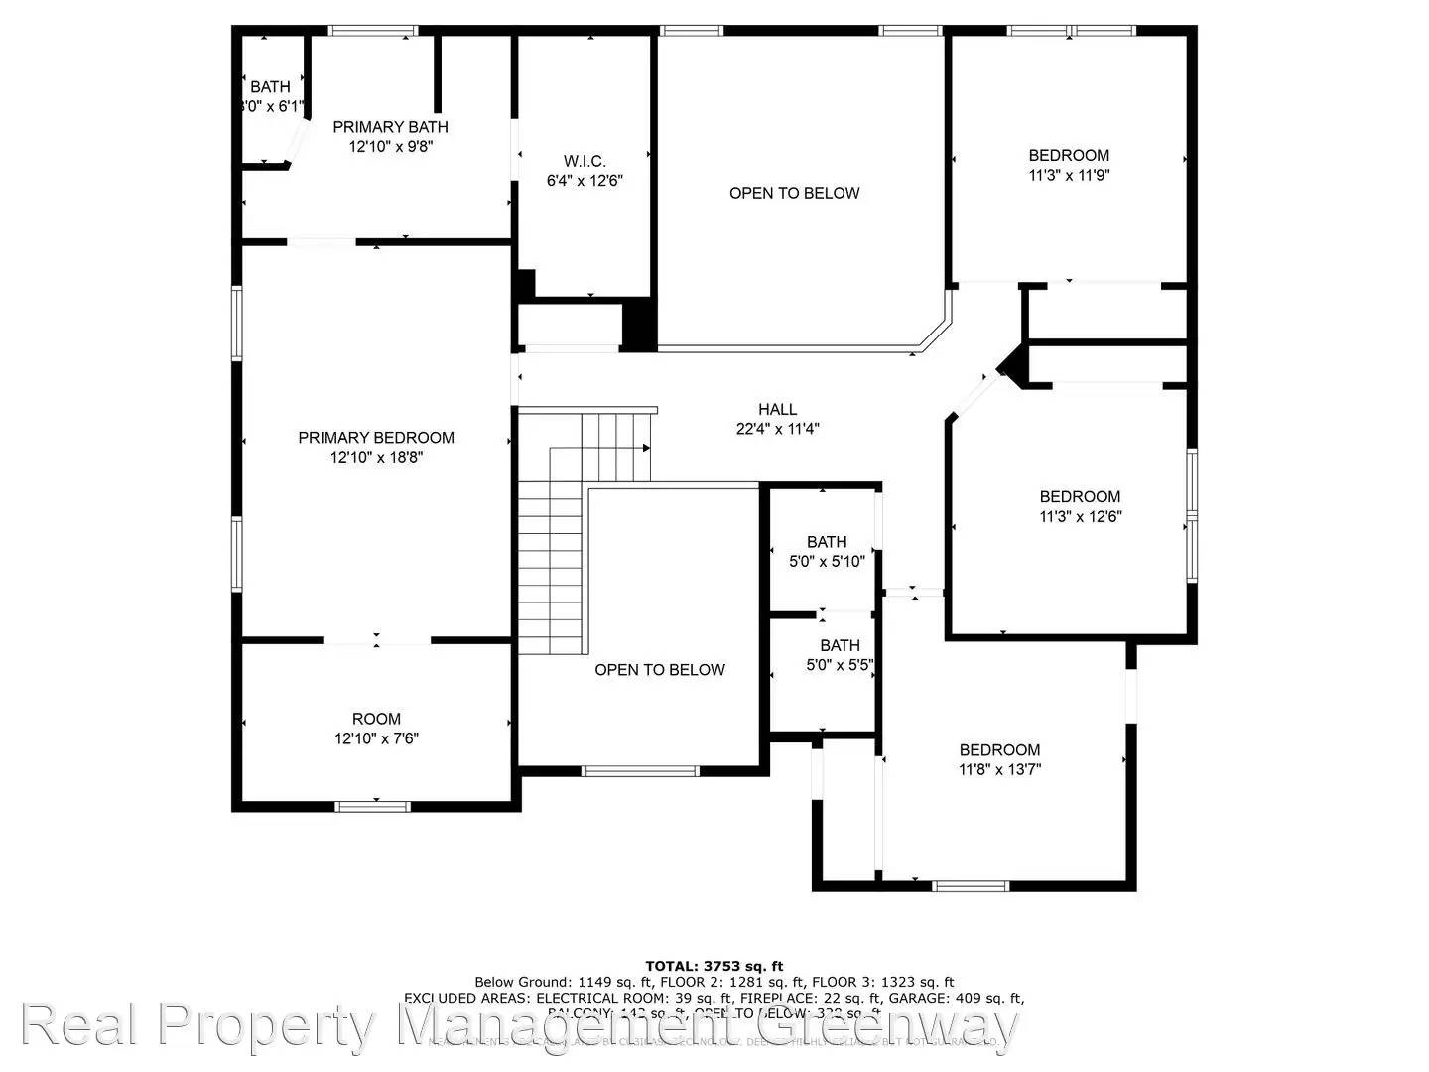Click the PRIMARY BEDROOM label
(376, 437)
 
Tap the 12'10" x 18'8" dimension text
(376, 458)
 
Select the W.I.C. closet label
(585, 161)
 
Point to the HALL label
(777, 409)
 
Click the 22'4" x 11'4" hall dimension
(777, 429)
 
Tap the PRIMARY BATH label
(390, 127)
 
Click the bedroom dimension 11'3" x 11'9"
(1069, 175)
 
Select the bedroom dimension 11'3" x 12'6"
(1080, 516)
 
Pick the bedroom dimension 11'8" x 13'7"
(999, 769)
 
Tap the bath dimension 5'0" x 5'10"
(827, 561)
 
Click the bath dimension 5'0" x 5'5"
(840, 665)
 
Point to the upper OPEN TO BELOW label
(794, 193)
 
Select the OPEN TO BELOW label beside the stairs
(660, 670)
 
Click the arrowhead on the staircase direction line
(646, 448)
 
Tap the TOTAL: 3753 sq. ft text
(714, 966)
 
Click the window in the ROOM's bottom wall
(372, 806)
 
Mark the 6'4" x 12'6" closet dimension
(585, 181)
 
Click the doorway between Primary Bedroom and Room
(376, 641)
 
